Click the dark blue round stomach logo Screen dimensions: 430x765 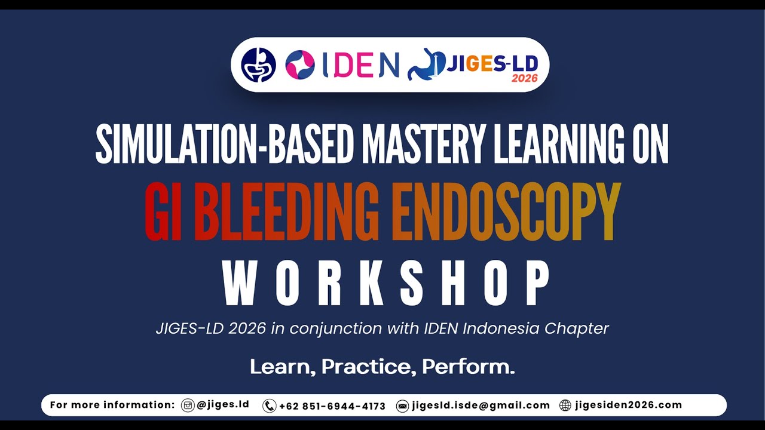pyautogui.click(x=258, y=64)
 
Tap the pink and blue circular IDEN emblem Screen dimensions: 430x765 pyautogui.click(x=300, y=64)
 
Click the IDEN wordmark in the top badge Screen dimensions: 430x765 pyautogui.click(x=360, y=64)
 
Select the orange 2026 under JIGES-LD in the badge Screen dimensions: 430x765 pyautogui.click(x=524, y=78)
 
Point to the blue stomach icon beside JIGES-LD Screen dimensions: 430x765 pyautogui.click(x=426, y=64)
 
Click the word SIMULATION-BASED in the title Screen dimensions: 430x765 pyautogui.click(x=227, y=145)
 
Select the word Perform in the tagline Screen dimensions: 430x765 pyautogui.click(x=468, y=367)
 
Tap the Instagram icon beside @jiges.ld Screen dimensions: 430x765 pyautogui.click(x=188, y=406)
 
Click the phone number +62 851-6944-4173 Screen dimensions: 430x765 pyautogui.click(x=332, y=406)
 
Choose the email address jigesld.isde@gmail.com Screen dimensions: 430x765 pyautogui.click(x=480, y=406)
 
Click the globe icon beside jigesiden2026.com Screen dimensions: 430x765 pyautogui.click(x=565, y=406)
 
